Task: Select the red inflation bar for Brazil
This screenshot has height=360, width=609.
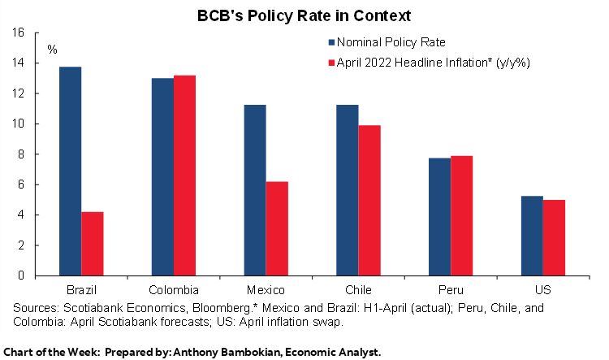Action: click(x=92, y=243)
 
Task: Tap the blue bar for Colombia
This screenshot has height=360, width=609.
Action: click(x=162, y=176)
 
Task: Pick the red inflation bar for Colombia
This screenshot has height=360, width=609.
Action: click(x=184, y=175)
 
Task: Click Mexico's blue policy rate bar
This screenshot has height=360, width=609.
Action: click(x=254, y=190)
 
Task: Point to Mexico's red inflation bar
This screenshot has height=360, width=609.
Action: click(x=277, y=228)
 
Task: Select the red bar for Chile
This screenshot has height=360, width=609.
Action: click(x=369, y=200)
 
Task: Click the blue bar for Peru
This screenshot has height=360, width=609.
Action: click(x=439, y=216)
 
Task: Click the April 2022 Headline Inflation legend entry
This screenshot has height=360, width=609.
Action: click(x=422, y=63)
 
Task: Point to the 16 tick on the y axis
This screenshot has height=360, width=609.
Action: click(x=19, y=33)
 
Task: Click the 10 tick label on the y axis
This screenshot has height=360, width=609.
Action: click(x=19, y=124)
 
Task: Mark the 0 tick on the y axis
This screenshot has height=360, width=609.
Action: click(x=22, y=275)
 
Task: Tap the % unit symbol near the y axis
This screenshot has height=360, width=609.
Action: click(x=52, y=50)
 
